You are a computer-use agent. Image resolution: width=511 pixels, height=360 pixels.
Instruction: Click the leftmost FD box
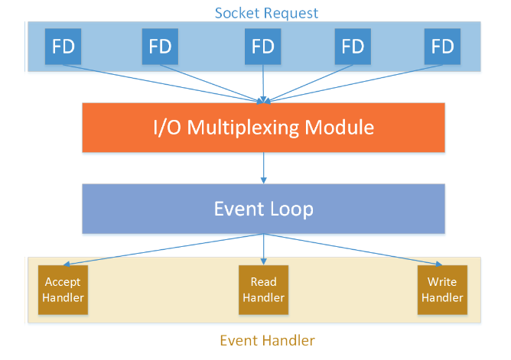(63, 46)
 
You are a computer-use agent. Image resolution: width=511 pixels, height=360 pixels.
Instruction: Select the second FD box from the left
(160, 46)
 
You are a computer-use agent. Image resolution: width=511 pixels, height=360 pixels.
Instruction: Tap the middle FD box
(263, 46)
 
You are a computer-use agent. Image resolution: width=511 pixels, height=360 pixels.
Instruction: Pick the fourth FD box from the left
(353, 46)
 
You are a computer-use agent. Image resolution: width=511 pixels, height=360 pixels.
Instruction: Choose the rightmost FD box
(443, 46)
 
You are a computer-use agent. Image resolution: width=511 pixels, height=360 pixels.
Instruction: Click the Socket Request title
(266, 13)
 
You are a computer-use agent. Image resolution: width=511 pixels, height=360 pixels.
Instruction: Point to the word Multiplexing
(243, 128)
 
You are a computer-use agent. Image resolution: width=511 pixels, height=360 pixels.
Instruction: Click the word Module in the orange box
(339, 127)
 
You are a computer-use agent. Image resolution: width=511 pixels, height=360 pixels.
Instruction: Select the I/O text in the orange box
(167, 127)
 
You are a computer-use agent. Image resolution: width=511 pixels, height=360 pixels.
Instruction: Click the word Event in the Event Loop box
(239, 209)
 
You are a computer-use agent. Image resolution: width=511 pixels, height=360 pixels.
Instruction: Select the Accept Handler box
(63, 290)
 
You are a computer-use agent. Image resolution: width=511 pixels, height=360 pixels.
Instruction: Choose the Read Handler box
(264, 290)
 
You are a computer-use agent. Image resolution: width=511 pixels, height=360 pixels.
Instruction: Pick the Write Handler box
(442, 290)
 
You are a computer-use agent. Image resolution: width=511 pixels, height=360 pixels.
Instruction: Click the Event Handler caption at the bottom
(267, 340)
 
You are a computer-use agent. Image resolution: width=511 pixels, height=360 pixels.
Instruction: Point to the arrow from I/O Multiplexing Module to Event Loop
(264, 168)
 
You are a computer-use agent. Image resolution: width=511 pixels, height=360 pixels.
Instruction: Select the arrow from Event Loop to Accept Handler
(163, 250)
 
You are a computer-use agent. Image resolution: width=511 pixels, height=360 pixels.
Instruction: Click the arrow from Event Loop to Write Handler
(353, 250)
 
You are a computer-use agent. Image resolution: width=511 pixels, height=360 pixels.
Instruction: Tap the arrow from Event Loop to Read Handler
(264, 249)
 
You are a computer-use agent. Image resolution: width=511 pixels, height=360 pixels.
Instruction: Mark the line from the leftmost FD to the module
(163, 84)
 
